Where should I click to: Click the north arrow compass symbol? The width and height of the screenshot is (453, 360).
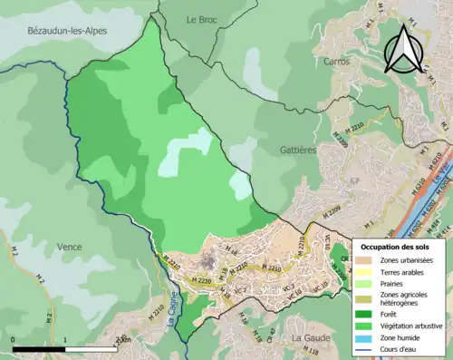coord(406,48)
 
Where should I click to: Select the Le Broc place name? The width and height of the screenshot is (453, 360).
coord(204,19)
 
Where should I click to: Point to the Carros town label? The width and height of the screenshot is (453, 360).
coord(336,62)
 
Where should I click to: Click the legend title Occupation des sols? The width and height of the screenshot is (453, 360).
coord(395,246)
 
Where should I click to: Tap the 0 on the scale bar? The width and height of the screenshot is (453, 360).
coord(13,340)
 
